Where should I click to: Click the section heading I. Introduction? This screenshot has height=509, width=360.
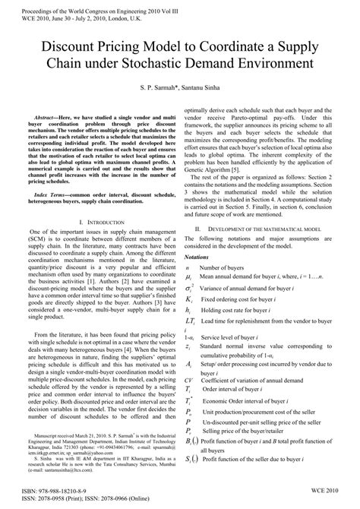102,220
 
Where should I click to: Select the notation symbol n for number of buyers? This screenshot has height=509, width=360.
188,269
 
